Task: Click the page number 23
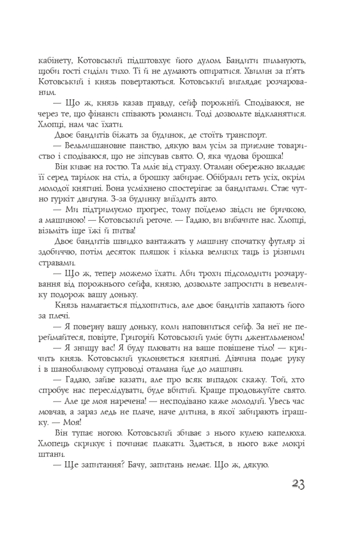pos(298,484)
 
